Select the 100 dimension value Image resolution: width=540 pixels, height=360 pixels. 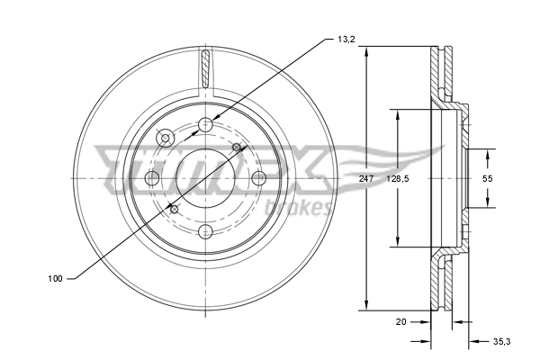pyautogui.click(x=56, y=279)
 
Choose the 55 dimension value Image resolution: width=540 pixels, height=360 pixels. pyautogui.click(x=487, y=179)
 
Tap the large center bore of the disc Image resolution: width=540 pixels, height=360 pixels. pyautogui.click(x=206, y=177)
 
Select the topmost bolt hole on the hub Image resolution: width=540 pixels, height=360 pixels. pyautogui.click(x=206, y=124)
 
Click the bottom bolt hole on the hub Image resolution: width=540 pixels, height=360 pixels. pyautogui.click(x=206, y=230)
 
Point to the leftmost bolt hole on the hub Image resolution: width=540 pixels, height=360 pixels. pyautogui.click(x=152, y=177)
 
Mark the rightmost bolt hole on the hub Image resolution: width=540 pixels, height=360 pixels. pyautogui.click(x=259, y=177)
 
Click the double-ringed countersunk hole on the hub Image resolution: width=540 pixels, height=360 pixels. pyautogui.click(x=166, y=138)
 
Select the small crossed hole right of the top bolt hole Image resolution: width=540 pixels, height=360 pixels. pyautogui.click(x=238, y=147)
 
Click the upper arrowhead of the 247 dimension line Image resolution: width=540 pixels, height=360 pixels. pyautogui.click(x=366, y=51)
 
